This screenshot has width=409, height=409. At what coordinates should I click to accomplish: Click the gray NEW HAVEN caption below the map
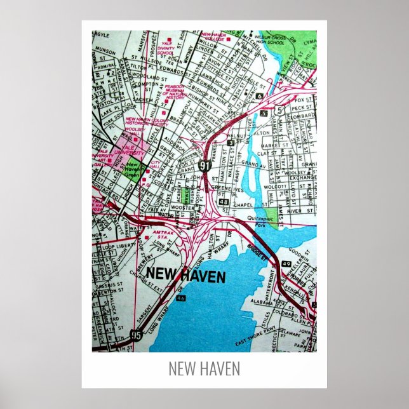(x=204, y=368)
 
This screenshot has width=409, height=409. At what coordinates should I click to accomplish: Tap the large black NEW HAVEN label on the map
(x=185, y=275)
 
